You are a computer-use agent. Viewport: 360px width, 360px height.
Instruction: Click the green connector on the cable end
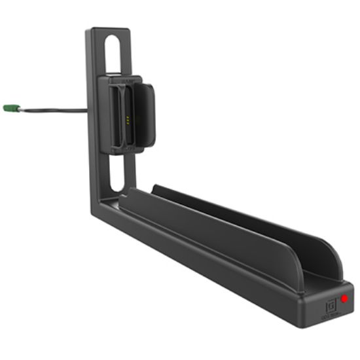(x=9, y=107)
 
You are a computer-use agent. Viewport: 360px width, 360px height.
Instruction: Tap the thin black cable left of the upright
(x=52, y=110)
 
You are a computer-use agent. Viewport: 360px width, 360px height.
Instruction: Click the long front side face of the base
(x=196, y=262)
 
